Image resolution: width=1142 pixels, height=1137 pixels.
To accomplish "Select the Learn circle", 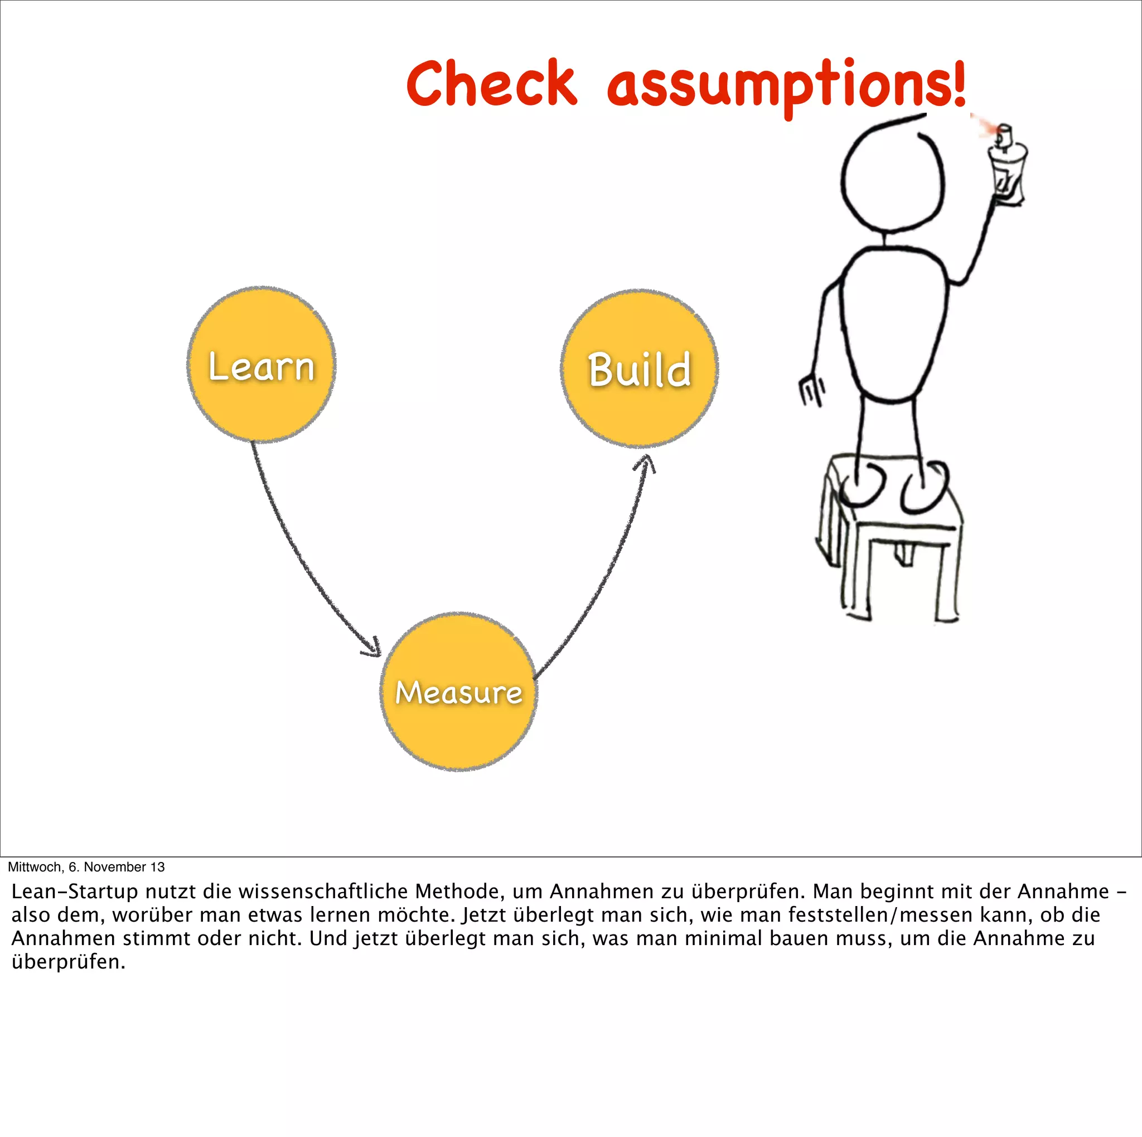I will click(262, 365).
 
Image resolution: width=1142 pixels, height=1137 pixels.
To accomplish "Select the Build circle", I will click(639, 368).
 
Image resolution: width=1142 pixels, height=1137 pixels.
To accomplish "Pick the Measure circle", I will click(458, 691).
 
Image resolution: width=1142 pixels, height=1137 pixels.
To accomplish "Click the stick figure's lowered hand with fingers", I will click(811, 389).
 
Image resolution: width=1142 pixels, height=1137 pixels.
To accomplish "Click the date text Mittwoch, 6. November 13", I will click(86, 867).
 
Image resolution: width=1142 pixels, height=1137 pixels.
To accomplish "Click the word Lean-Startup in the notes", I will click(75, 891).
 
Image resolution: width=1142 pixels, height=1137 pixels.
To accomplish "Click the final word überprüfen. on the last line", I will click(68, 962).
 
